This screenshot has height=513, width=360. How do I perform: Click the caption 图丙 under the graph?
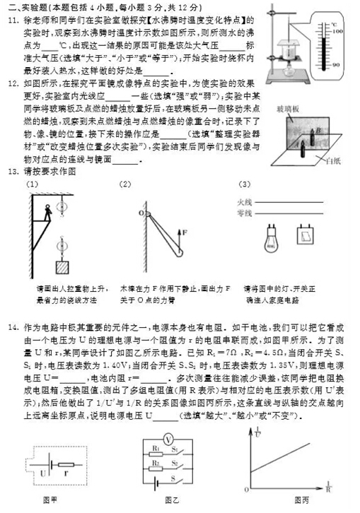point(302,500)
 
